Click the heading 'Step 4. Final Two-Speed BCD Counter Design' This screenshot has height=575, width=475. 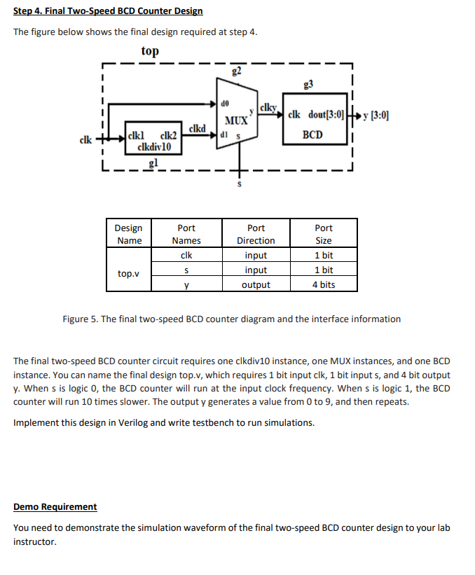pos(109,11)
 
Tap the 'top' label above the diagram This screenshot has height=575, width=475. pos(149,51)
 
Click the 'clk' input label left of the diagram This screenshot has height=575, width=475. pos(85,139)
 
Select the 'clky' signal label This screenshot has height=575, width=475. pos(268,108)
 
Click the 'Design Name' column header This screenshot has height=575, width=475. pos(129,234)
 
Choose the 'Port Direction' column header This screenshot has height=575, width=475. pos(256,234)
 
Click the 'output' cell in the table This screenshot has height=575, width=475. pos(256,284)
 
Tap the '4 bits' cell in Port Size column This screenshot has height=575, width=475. pos(324,284)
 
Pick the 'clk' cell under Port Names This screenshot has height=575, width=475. pos(186,256)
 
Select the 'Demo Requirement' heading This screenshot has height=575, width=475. pos(55,506)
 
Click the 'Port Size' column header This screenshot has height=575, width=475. pos(324,234)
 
